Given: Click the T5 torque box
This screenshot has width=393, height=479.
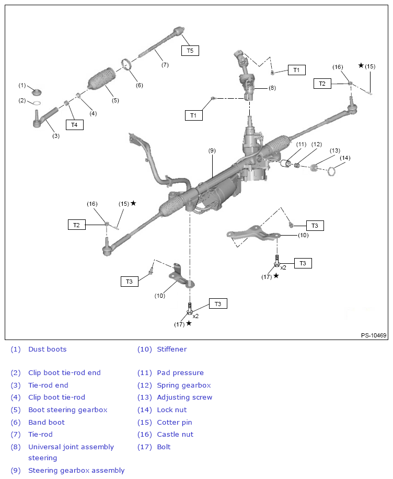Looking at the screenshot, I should pyautogui.click(x=190, y=51).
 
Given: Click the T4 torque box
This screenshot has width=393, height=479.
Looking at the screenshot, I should pyautogui.click(x=74, y=124).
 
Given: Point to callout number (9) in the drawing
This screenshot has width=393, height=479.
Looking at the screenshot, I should pyautogui.click(x=212, y=150).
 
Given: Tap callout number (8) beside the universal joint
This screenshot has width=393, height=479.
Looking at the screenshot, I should pyautogui.click(x=272, y=88).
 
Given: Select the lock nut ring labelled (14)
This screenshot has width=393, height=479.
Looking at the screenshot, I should pyautogui.click(x=331, y=170).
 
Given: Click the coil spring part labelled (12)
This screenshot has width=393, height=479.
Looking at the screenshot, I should pyautogui.click(x=297, y=166).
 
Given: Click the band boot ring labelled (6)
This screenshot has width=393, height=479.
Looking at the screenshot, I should pyautogui.click(x=126, y=66).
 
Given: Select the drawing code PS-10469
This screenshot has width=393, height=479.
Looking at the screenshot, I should pyautogui.click(x=374, y=335).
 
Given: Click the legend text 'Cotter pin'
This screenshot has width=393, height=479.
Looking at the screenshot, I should pyautogui.click(x=174, y=422).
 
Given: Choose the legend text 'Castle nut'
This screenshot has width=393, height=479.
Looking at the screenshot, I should pyautogui.click(x=175, y=434).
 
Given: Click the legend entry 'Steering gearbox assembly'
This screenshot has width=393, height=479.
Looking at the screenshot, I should pyautogui.click(x=76, y=470).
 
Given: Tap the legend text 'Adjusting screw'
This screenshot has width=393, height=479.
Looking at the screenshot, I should pyautogui.click(x=184, y=397).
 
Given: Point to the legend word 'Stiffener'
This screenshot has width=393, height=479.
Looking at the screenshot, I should pyautogui.click(x=171, y=349).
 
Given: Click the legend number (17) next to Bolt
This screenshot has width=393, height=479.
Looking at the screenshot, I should pyautogui.click(x=144, y=447).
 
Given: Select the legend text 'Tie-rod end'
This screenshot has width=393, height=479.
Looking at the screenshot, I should pyautogui.click(x=48, y=385).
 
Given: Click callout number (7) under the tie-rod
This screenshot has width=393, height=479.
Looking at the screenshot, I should pyautogui.click(x=165, y=65).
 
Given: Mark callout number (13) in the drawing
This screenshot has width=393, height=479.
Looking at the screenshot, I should pyautogui.click(x=334, y=150).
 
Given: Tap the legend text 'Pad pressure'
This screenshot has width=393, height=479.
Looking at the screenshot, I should pyautogui.click(x=180, y=372).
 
